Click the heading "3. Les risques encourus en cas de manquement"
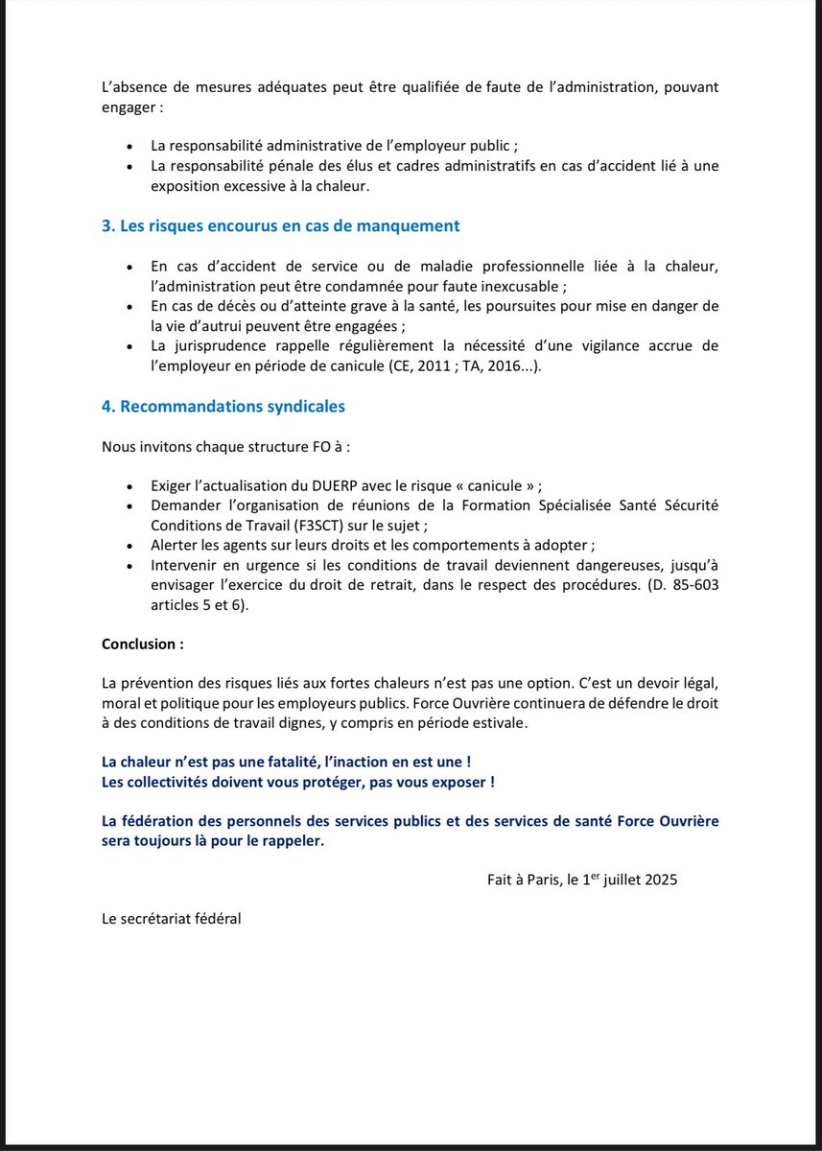coord(280,226)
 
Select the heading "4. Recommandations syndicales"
coord(223,406)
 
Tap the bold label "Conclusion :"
coord(143,644)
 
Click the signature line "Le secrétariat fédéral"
coord(172,919)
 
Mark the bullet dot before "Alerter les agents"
coord(129,545)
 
